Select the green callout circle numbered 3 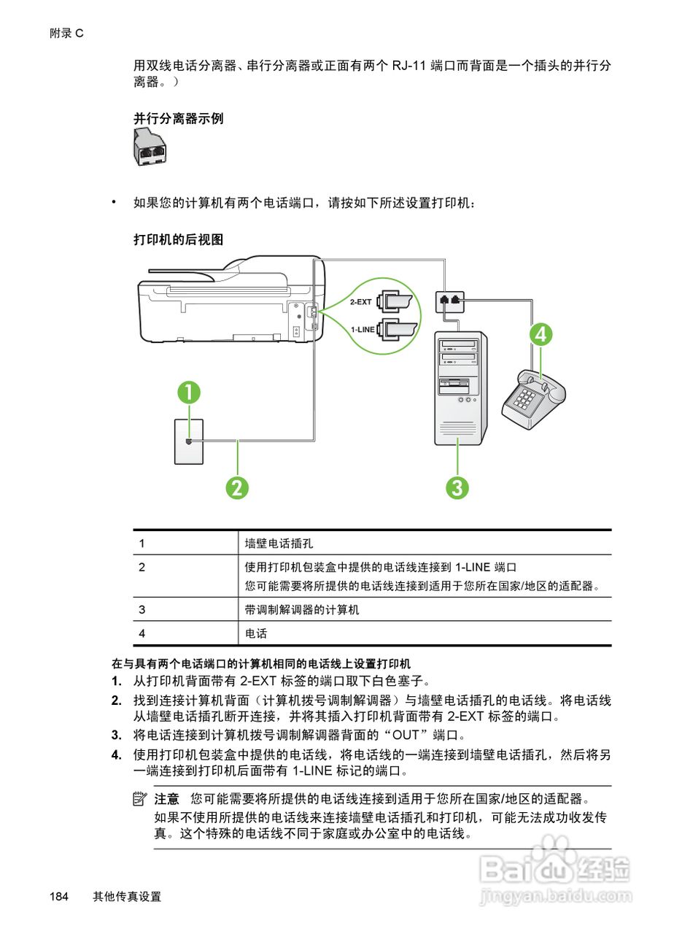(x=457, y=487)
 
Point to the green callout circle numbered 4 (x=541, y=334)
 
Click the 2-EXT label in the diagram (x=360, y=301)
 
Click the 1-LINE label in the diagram (x=363, y=330)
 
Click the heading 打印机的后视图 (x=178, y=239)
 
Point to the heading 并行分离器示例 (x=178, y=118)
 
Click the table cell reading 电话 (x=256, y=633)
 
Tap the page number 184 (x=59, y=897)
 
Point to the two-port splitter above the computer (x=449, y=300)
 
